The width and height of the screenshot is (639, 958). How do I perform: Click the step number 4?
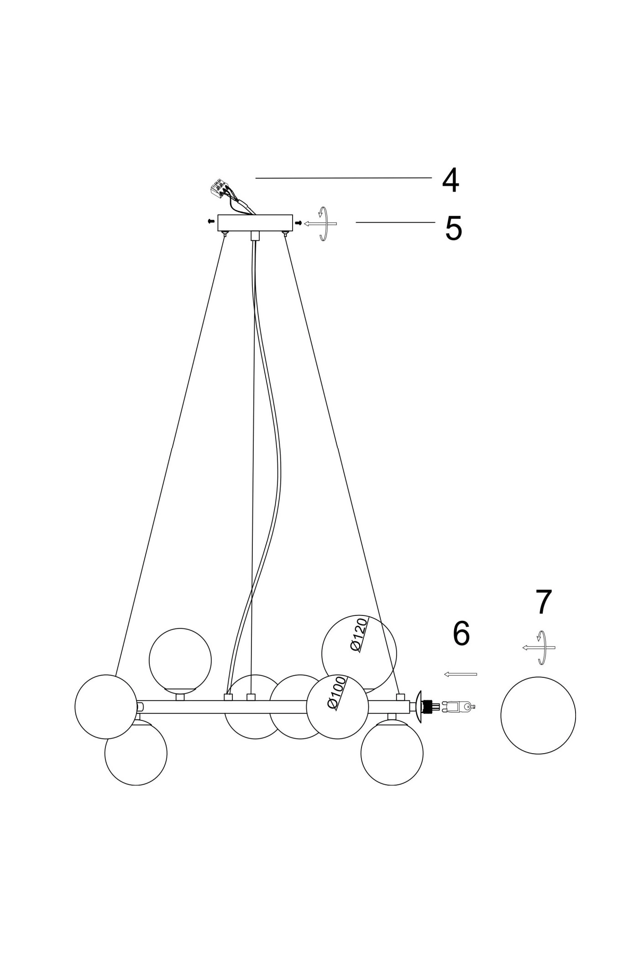[450, 181]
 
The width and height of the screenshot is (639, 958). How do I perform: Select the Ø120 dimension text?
[359, 635]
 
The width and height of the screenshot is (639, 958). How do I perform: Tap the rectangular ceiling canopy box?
[255, 222]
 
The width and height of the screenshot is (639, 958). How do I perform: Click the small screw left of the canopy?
[211, 221]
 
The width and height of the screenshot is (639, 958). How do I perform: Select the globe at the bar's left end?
[106, 706]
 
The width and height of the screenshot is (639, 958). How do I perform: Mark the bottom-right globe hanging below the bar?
[392, 753]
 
